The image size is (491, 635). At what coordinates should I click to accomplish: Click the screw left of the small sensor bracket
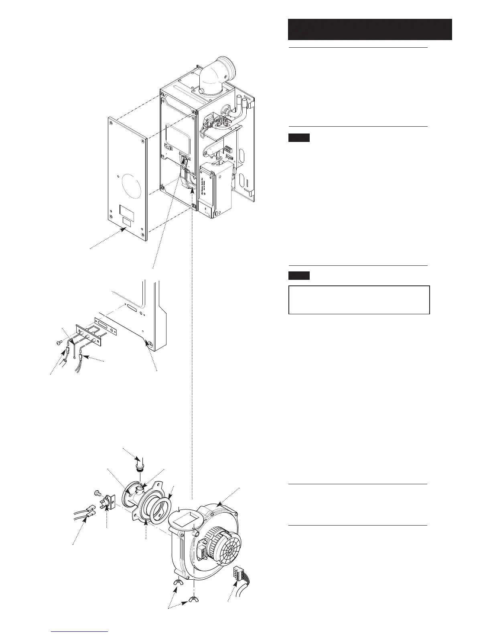click(x=97, y=492)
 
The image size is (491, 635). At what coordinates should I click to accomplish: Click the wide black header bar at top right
click(x=370, y=29)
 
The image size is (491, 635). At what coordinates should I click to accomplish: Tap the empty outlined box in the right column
click(x=359, y=299)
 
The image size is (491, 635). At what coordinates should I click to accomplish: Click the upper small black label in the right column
click(x=299, y=138)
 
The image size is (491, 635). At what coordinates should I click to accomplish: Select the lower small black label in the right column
click(x=299, y=275)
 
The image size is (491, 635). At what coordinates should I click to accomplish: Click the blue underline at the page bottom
click(x=80, y=632)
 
